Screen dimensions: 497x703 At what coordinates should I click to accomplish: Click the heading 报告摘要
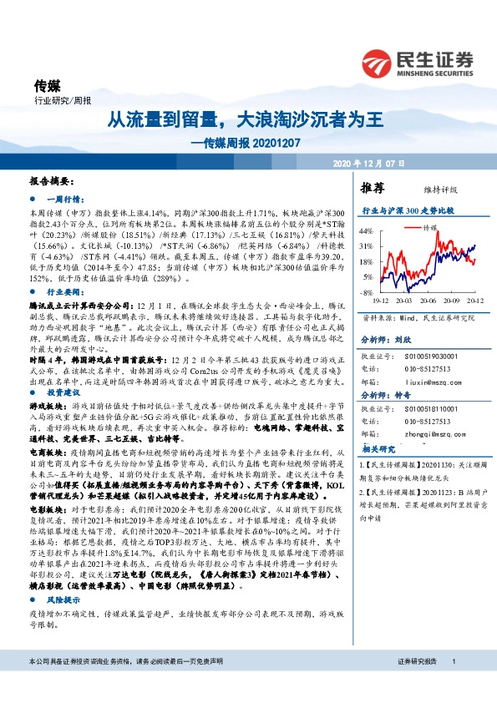coord(51,180)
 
